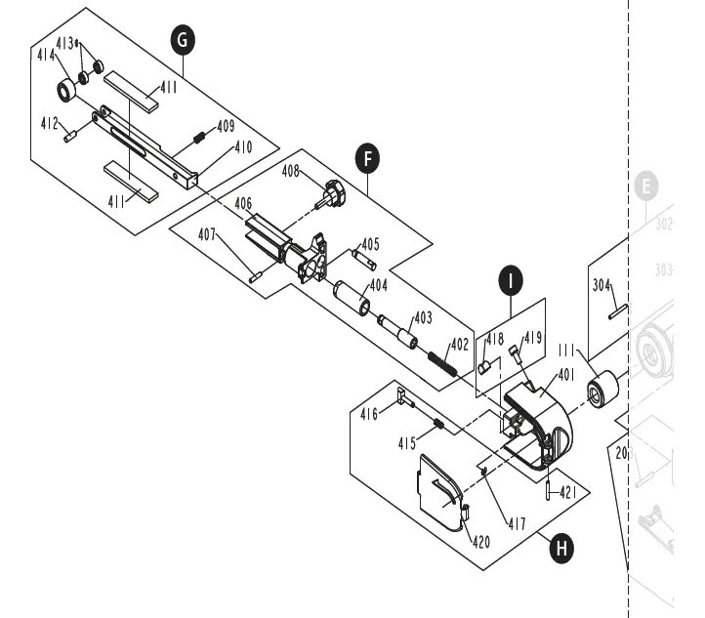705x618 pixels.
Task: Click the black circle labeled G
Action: [182, 40]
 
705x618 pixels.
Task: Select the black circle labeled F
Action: [366, 158]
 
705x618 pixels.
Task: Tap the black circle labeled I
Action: [511, 280]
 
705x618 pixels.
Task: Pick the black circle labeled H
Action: [560, 549]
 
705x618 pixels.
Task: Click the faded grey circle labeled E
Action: [644, 186]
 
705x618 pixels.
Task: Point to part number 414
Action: [45, 56]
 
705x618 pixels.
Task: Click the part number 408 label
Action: [291, 172]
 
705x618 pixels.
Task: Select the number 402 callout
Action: [459, 345]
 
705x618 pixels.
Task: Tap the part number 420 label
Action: [481, 543]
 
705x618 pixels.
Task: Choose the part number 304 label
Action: [601, 285]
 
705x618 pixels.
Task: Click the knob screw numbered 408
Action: [333, 193]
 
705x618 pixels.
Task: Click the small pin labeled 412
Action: [70, 137]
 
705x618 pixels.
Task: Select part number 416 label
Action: [368, 415]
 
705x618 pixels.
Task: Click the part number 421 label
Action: [568, 493]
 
